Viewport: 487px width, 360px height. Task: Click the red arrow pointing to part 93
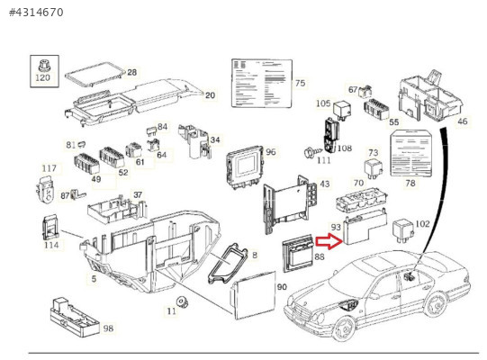[329, 242]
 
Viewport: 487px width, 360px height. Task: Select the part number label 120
[42, 77]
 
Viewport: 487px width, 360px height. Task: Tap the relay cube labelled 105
[343, 109]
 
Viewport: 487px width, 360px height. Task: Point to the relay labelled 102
[402, 230]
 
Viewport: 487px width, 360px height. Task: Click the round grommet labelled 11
[182, 302]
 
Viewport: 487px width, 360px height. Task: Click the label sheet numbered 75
[262, 83]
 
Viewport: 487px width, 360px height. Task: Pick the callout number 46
[462, 121]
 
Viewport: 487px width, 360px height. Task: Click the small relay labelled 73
[374, 168]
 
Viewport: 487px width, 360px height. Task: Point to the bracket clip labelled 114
[50, 228]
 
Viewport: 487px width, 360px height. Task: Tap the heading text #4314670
[36, 13]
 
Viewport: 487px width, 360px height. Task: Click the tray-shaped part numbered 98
[75, 318]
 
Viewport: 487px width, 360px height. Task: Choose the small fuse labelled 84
[151, 130]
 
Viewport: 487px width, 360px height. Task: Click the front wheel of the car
[345, 328]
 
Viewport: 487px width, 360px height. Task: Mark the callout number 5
[94, 279]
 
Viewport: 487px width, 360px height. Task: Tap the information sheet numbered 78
[412, 153]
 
